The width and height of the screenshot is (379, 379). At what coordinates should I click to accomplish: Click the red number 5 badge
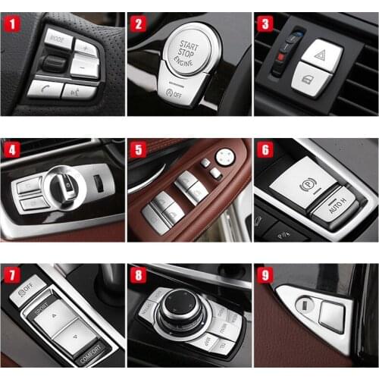[x=136, y=149]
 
